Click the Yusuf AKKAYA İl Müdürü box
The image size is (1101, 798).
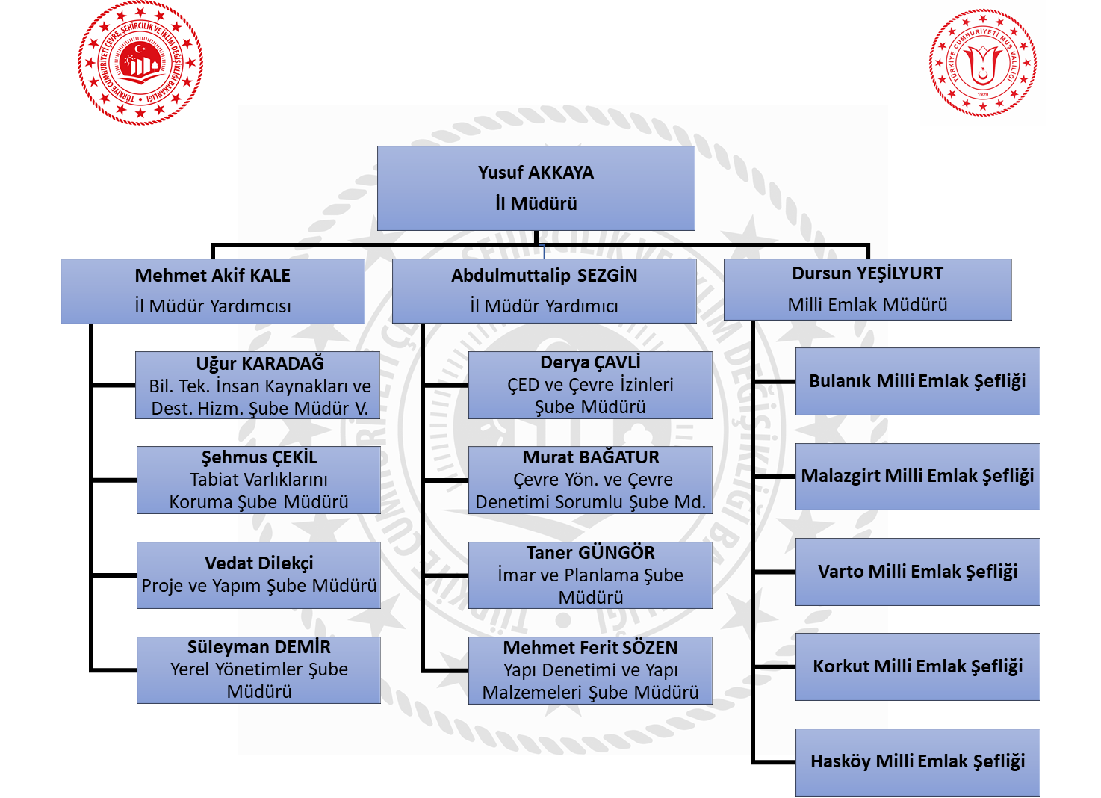click(x=536, y=188)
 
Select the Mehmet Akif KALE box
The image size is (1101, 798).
click(x=213, y=291)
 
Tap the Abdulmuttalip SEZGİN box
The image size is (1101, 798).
click(x=544, y=291)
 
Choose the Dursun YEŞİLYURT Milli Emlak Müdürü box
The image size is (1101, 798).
click(x=867, y=289)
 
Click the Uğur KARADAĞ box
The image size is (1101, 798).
click(x=258, y=386)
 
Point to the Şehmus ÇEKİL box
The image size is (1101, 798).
click(x=258, y=480)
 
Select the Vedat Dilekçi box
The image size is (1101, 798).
click(x=258, y=575)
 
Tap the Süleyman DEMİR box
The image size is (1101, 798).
click(x=258, y=669)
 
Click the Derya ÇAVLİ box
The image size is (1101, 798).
click(x=590, y=385)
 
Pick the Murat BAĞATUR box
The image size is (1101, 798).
click(x=590, y=480)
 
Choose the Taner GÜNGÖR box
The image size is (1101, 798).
click(x=590, y=575)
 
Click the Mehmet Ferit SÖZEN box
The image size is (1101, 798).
click(x=590, y=669)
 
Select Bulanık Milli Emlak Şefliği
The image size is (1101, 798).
click(x=917, y=381)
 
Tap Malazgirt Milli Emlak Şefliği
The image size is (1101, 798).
click(x=917, y=476)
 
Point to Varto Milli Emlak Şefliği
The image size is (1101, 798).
click(x=917, y=572)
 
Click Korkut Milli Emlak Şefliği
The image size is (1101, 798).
click(x=917, y=666)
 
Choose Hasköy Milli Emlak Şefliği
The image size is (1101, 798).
click(x=917, y=761)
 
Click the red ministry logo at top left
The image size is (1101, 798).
click(x=140, y=63)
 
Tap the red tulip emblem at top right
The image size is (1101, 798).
click(x=982, y=63)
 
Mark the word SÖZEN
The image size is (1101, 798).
click(x=649, y=648)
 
